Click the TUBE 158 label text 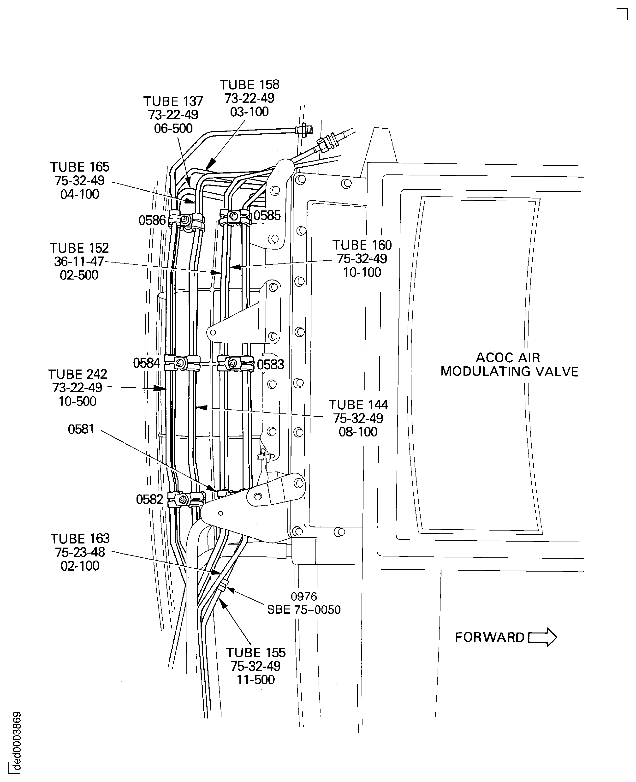click(x=250, y=98)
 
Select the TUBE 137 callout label click(x=173, y=115)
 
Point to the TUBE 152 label click(x=79, y=262)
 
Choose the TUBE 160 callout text click(x=362, y=259)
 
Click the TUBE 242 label click(x=78, y=388)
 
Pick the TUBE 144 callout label click(x=358, y=418)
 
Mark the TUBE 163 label click(x=80, y=552)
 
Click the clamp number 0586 click(x=152, y=220)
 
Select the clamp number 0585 click(x=267, y=215)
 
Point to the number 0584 click(x=147, y=363)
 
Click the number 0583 click(x=270, y=365)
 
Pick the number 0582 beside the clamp click(x=149, y=499)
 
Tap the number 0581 click(x=81, y=429)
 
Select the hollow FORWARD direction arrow click(x=543, y=637)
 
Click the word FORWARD click(x=489, y=638)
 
